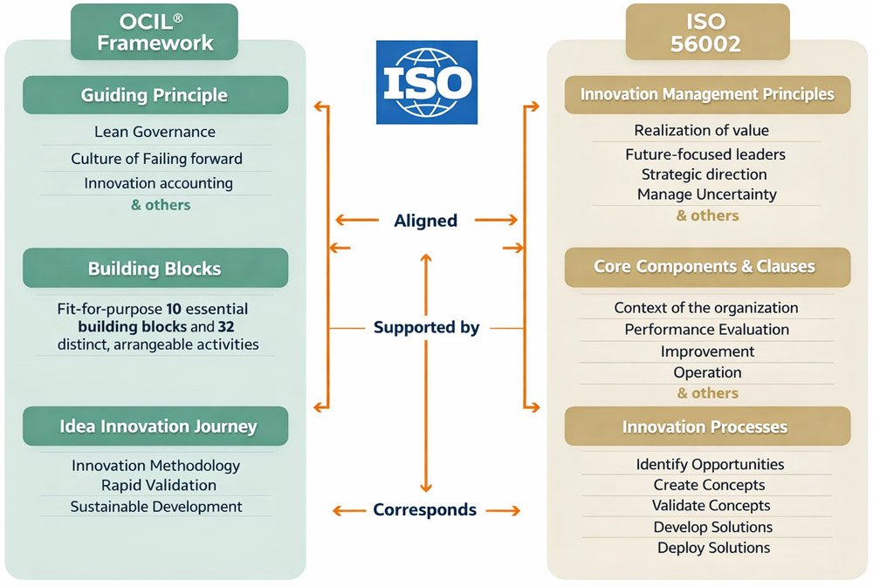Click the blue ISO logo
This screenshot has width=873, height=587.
coord(427,82)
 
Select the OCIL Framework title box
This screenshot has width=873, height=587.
coord(155,32)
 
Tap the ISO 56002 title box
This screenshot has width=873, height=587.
coord(707,32)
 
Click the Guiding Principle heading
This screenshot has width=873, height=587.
coord(155,95)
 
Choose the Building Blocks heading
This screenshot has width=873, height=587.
coord(155,268)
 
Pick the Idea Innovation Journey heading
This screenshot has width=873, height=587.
coord(158,427)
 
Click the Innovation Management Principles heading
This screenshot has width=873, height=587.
coord(707,94)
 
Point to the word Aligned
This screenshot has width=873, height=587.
coord(425,221)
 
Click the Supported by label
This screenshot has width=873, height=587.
coord(426,328)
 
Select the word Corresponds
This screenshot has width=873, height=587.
coord(424,509)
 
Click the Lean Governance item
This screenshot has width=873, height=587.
coord(155,132)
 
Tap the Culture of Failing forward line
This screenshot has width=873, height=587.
coord(156,159)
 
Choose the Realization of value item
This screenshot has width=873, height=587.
coord(701,130)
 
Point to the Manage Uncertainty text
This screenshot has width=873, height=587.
coord(706,194)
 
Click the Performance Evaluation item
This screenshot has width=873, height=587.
coord(706,329)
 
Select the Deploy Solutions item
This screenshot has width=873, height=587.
coord(713,548)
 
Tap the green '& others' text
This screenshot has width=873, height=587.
coord(161,205)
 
